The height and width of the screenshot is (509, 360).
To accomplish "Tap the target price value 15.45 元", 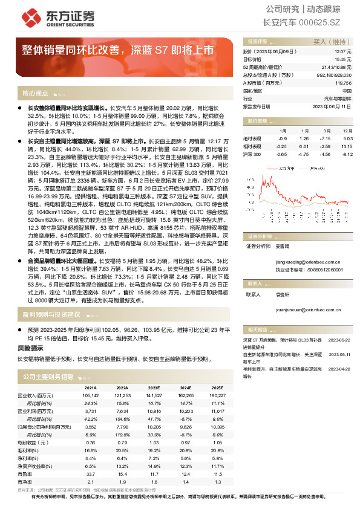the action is point(344,60).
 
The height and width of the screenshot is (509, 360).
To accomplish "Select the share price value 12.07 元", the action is point(344,53).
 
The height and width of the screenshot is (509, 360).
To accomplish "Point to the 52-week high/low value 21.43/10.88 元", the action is point(338,67).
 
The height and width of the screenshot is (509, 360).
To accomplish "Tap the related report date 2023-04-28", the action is point(339,368).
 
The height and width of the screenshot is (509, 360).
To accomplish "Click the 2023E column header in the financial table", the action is point(154,387).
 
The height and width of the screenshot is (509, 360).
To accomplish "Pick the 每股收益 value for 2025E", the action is point(218,442).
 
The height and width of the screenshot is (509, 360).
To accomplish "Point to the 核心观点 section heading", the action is point(35,94).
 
